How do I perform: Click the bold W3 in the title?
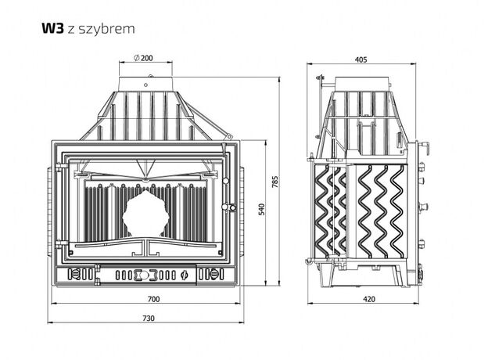pos(52,28)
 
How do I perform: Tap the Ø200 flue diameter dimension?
pos(143,58)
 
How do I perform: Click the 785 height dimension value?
pos(274,182)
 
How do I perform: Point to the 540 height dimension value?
pos(262,209)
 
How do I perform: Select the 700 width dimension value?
pos(153,299)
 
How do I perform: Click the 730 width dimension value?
pos(149,319)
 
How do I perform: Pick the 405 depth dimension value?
pos(361,59)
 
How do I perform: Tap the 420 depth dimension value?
pos(369,299)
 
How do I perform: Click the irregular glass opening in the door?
pos(145,214)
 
